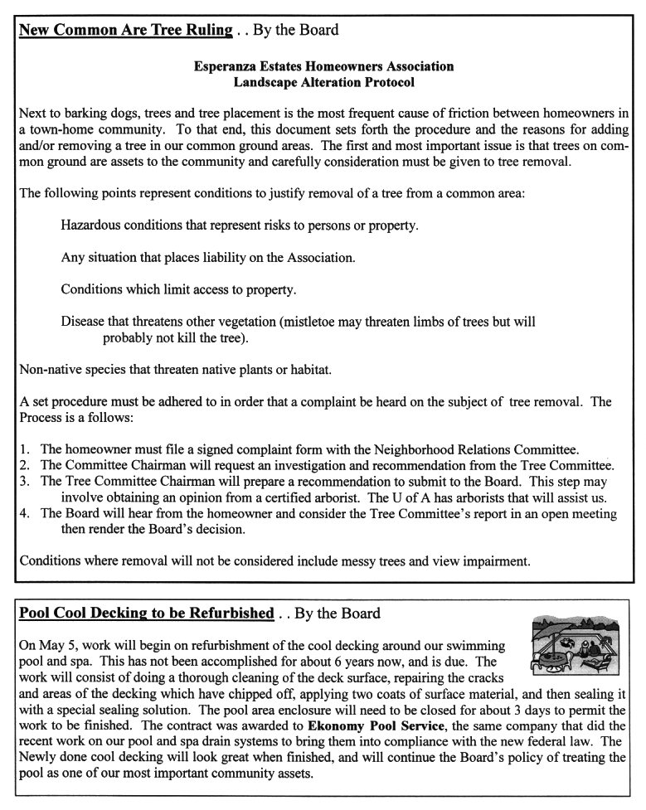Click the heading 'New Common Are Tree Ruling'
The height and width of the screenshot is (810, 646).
click(125, 31)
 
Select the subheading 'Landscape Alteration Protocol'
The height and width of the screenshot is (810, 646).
click(323, 83)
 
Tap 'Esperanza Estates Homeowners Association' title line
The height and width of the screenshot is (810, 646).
click(323, 65)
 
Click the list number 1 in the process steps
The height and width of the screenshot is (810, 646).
click(23, 448)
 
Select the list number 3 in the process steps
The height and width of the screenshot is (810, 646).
click(23, 482)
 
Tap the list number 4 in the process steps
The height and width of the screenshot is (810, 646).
click(23, 514)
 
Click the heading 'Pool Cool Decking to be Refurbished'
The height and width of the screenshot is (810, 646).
click(146, 614)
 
